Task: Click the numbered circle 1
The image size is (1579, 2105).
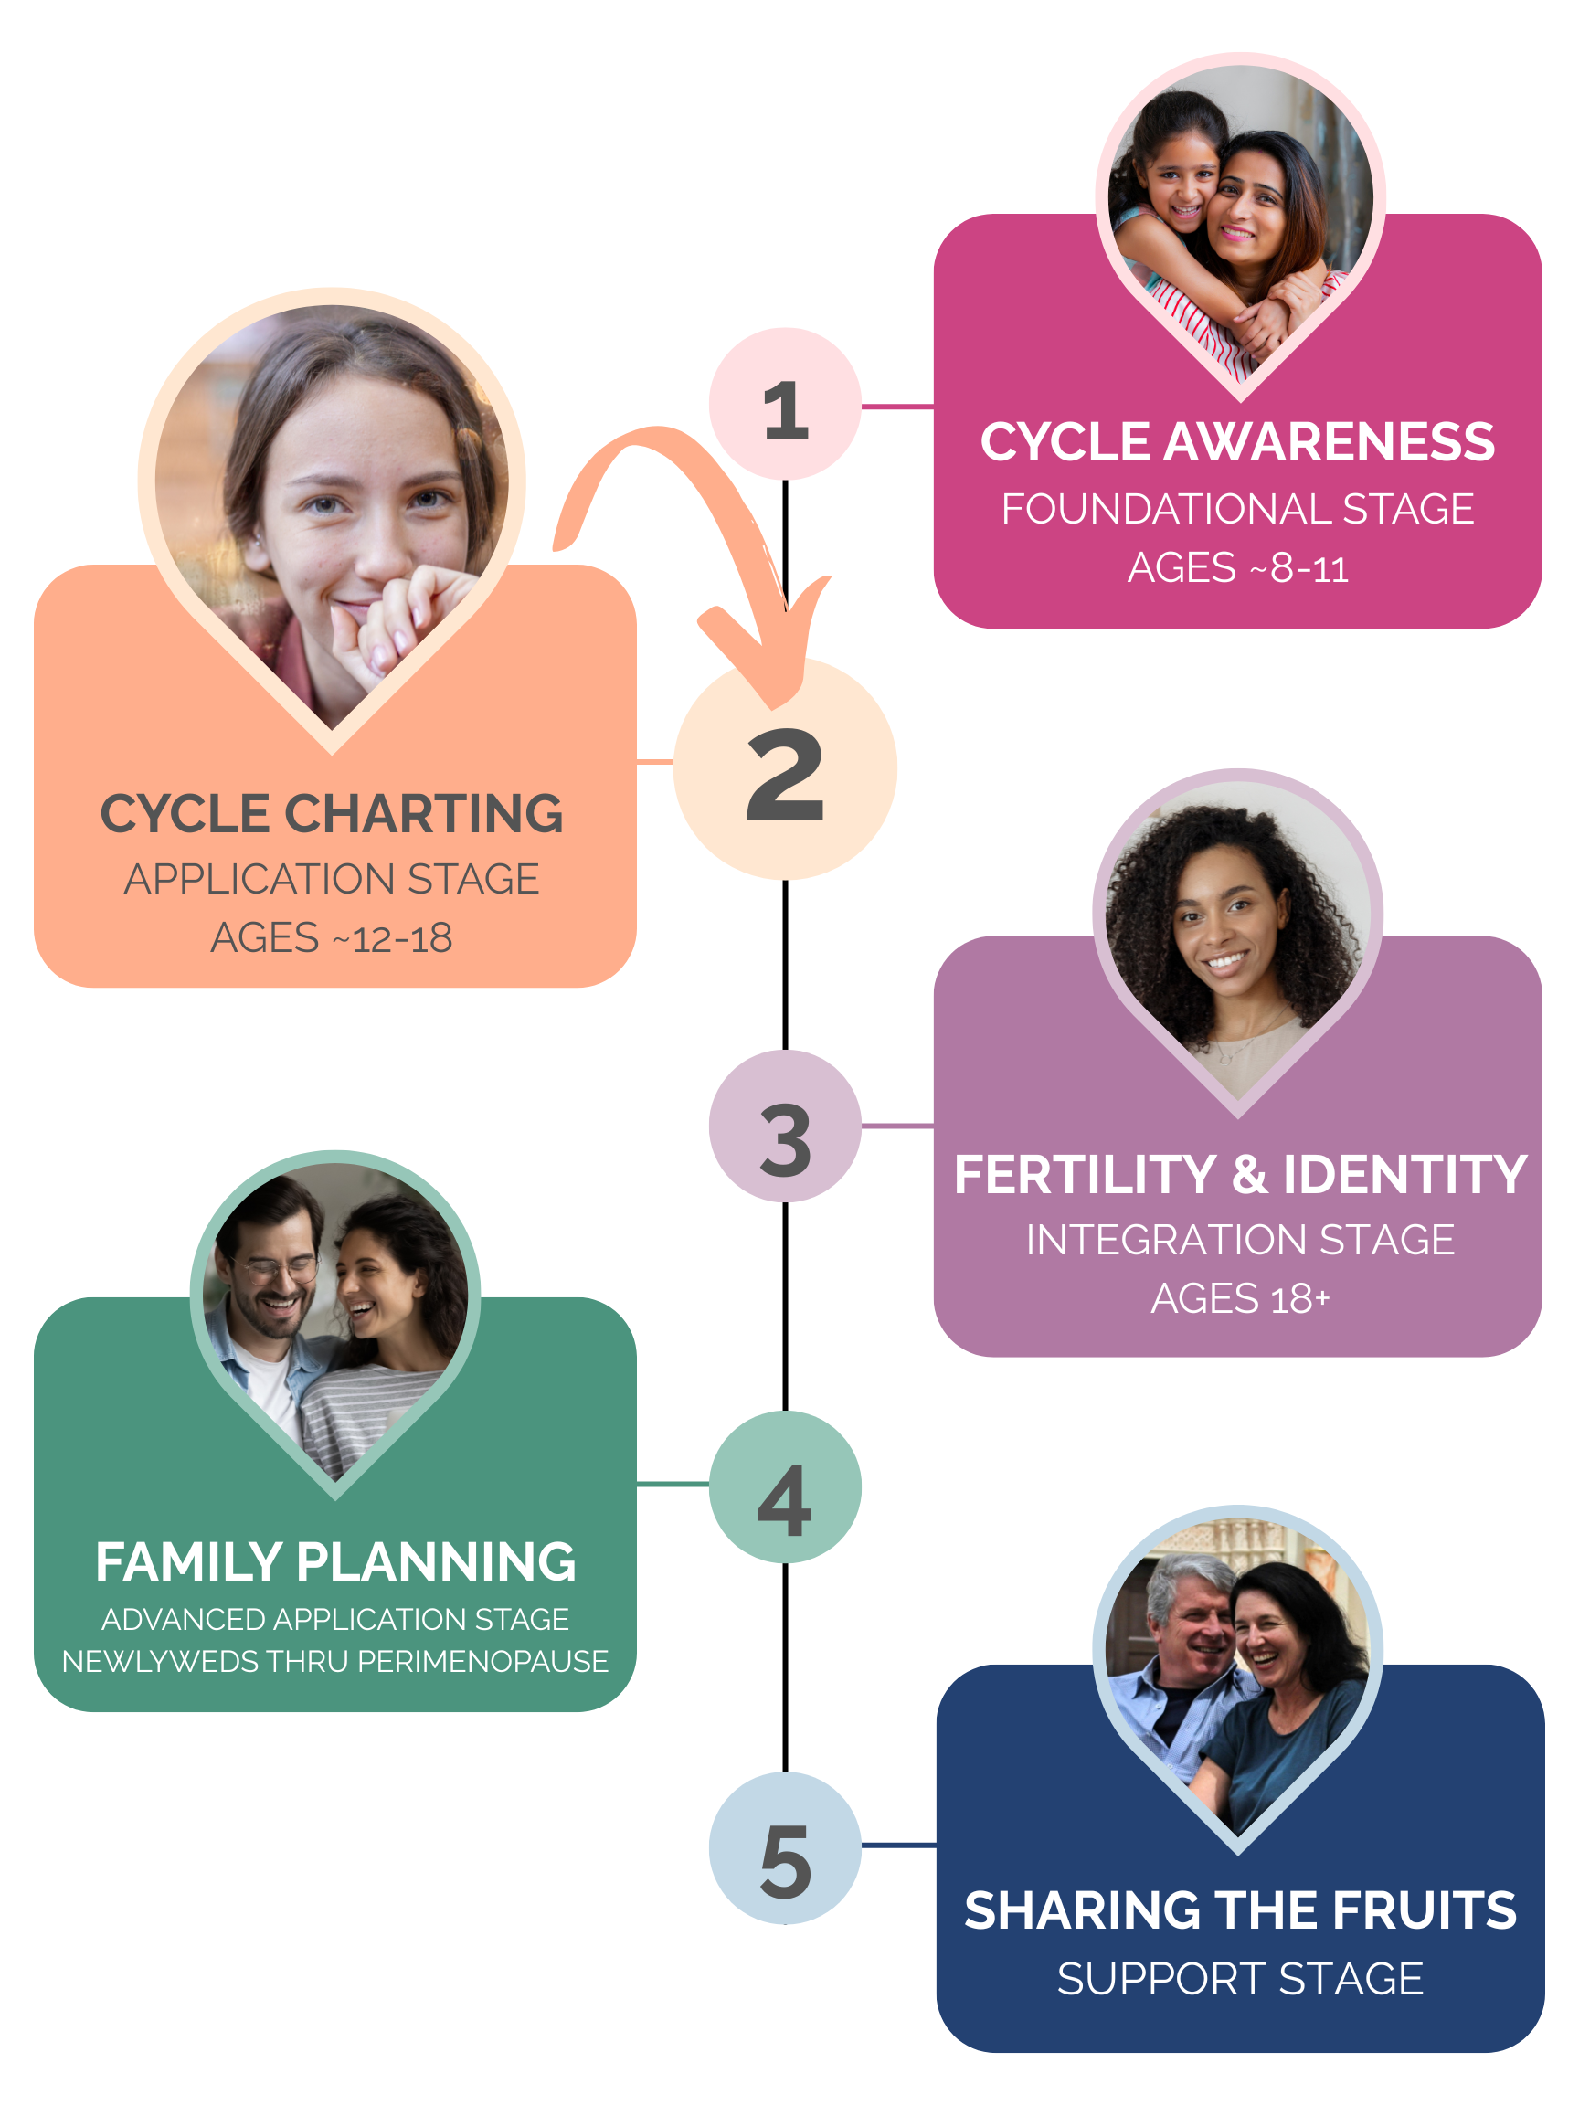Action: [785, 405]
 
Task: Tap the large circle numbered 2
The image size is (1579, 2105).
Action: [785, 768]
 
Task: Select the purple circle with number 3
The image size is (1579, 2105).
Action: [785, 1126]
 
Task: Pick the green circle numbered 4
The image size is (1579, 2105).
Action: [785, 1486]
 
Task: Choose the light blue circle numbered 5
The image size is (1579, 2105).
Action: [785, 1847]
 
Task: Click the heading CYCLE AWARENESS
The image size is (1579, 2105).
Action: [1237, 442]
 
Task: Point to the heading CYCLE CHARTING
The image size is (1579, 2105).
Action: [333, 814]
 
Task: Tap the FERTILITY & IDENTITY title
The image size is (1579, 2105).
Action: [1240, 1174]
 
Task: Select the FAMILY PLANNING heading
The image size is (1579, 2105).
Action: [335, 1561]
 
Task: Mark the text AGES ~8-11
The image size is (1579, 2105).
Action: [1237, 568]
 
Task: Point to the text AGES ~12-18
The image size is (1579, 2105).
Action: [333, 938]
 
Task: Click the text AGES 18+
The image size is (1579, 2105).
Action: [1240, 1299]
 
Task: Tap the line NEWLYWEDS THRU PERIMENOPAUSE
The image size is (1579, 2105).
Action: [335, 1662]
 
